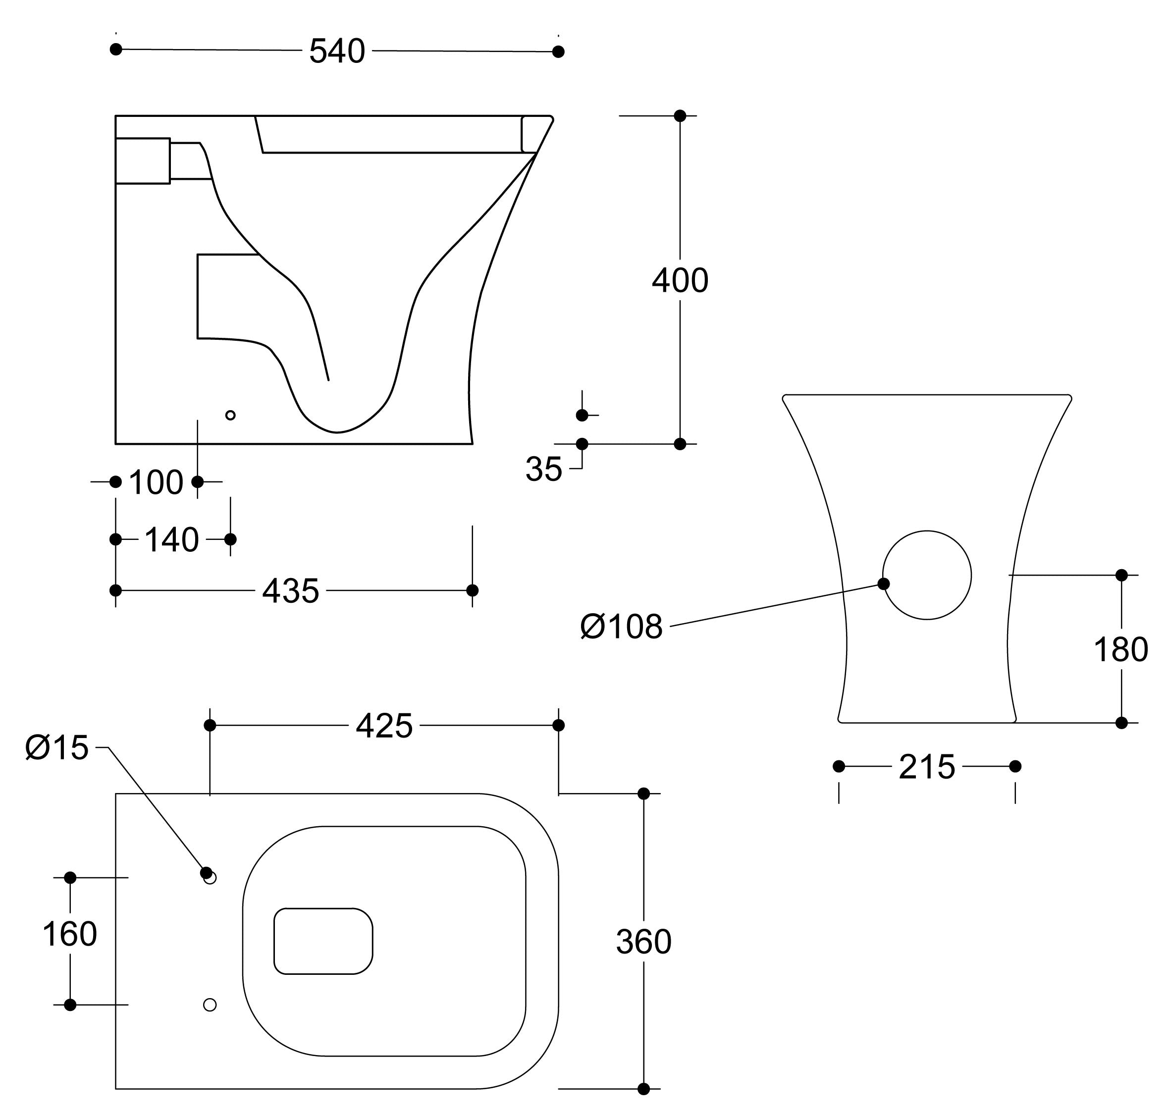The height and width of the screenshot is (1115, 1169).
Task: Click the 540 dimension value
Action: pos(336,51)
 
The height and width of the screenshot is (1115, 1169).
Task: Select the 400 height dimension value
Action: pos(680,280)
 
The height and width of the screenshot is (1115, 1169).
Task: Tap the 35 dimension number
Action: pos(543,470)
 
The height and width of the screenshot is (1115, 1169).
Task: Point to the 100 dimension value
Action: pos(156,482)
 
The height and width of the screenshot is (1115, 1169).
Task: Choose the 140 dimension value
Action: pos(172,540)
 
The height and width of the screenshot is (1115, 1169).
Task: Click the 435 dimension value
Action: pos(291,591)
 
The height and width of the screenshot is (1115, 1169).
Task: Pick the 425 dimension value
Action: pos(384,726)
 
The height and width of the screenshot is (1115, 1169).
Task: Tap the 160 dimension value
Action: pos(69,934)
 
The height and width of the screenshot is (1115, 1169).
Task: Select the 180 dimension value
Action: pos(1120,649)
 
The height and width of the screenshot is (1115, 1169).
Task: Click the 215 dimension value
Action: pos(926,767)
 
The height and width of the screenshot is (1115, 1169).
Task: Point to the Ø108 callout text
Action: pos(621,627)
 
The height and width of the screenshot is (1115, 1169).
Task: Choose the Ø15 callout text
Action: pos(57,747)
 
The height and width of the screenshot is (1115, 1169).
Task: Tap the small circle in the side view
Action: pos(231,415)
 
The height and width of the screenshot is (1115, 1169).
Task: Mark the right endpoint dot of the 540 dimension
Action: pos(558,52)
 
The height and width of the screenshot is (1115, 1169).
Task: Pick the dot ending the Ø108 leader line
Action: pos(884,584)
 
